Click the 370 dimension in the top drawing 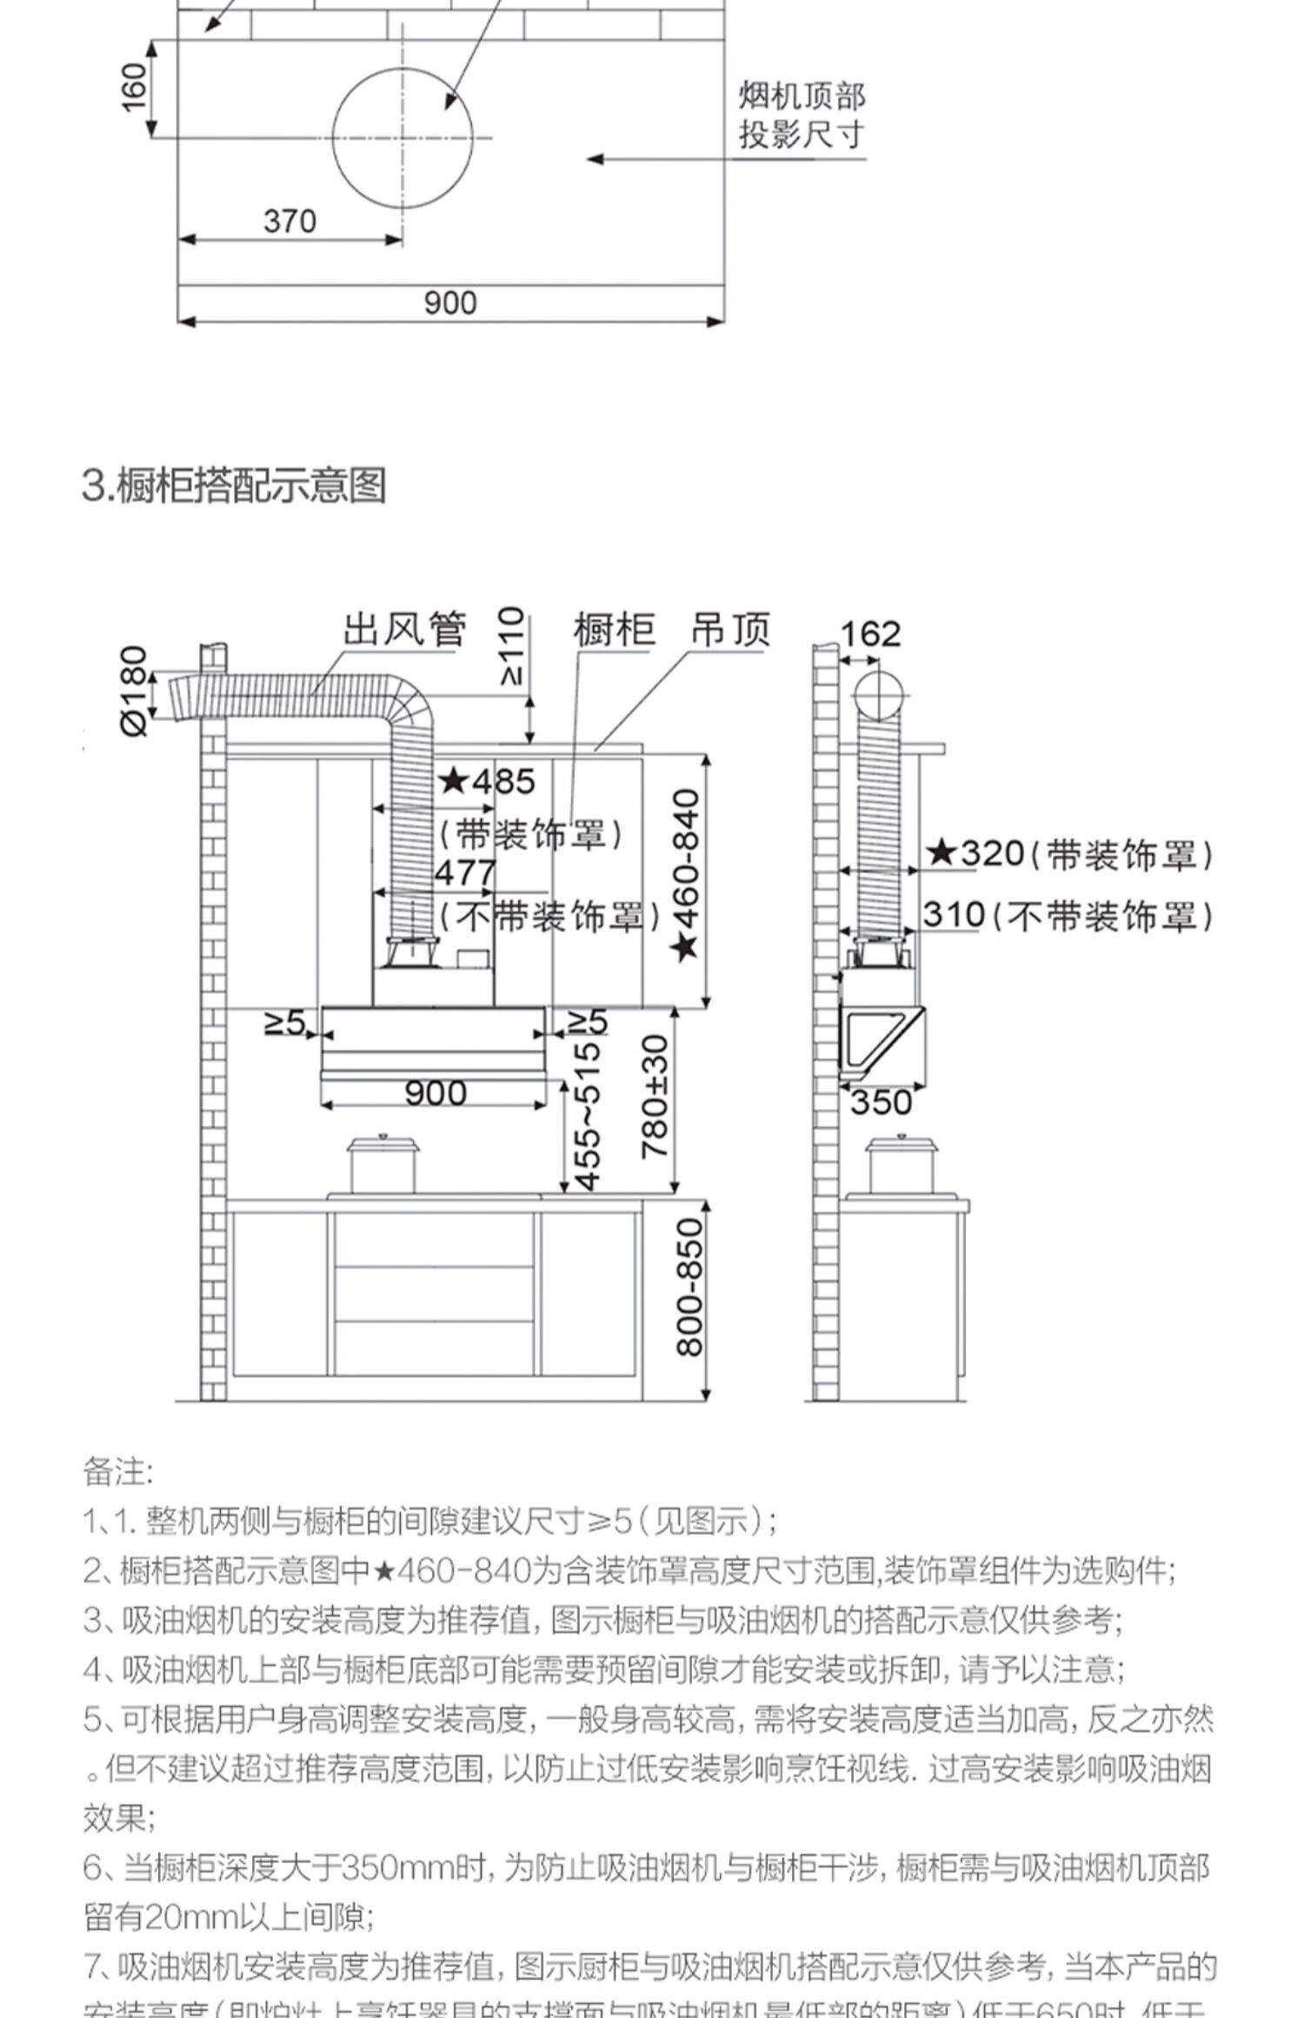(289, 221)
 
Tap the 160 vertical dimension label (134, 88)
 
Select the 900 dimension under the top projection (450, 302)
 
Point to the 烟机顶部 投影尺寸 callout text (802, 116)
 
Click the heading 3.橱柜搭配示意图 (234, 485)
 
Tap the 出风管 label (404, 628)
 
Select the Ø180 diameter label (135, 691)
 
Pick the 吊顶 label (730, 629)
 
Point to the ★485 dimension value (487, 781)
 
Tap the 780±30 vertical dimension (655, 1097)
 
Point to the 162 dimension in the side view (870, 634)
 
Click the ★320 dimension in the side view (975, 853)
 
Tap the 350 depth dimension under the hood (881, 1102)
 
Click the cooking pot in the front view (383, 1165)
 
